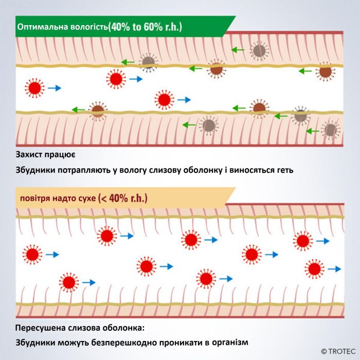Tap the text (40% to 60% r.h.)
click(x=145, y=27)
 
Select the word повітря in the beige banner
click(x=35, y=199)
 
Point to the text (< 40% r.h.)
click(x=122, y=198)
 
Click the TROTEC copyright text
click(x=338, y=351)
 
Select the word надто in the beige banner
click(x=64, y=198)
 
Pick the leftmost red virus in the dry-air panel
click(x=32, y=255)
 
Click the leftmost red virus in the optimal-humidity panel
click(x=34, y=88)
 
